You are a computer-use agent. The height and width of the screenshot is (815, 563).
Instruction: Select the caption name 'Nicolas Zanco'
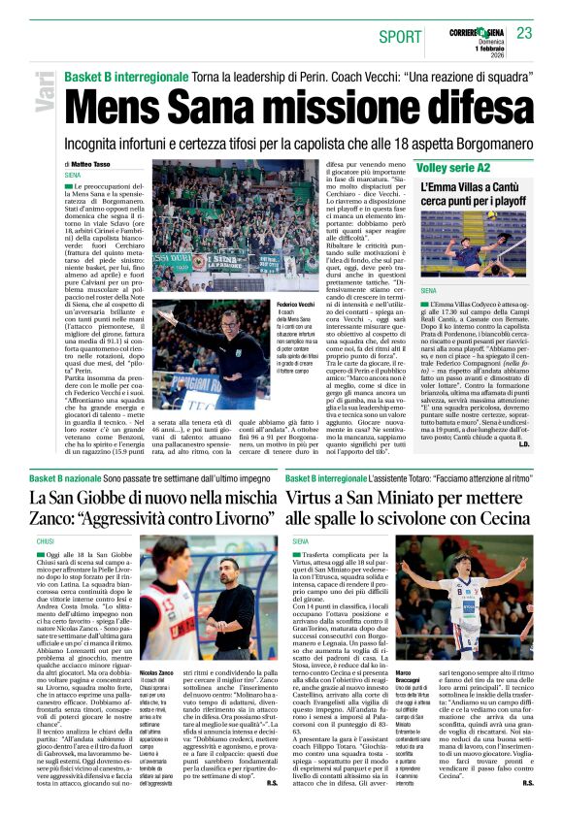pos(156,672)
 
